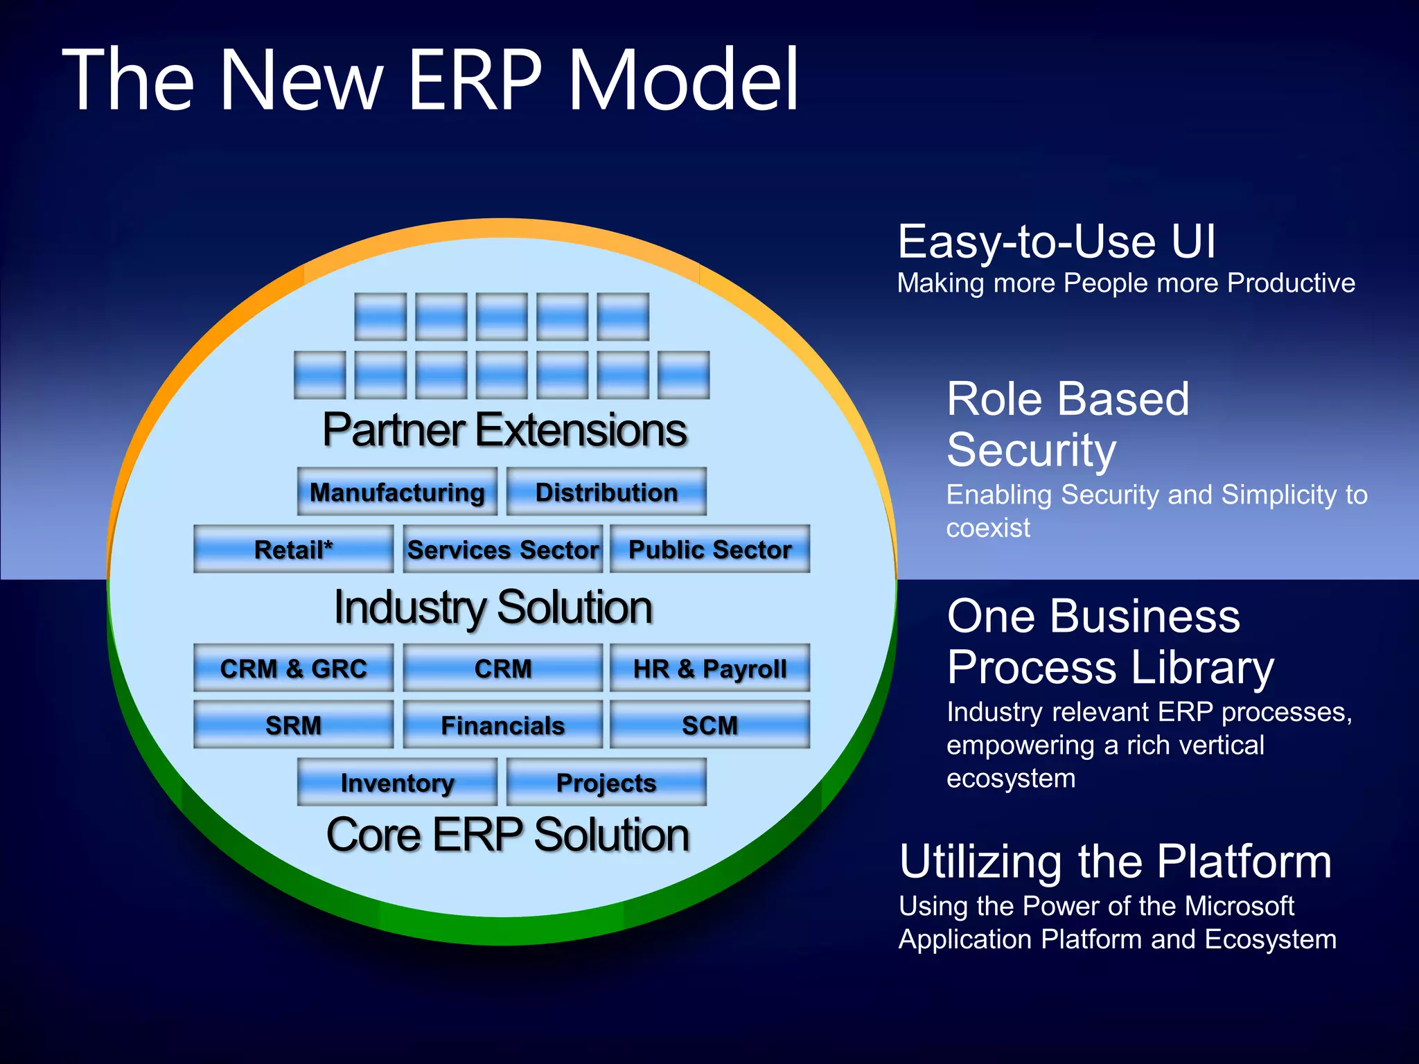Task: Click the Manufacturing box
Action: coord(397,492)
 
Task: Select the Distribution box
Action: coord(606,492)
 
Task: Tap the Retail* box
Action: coord(293,549)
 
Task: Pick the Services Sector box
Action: coord(503,549)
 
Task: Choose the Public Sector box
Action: coord(709,549)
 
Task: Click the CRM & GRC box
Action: coord(293,668)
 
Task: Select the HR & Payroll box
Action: coord(709,668)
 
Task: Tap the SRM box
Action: coord(293,725)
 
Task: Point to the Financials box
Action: coord(503,725)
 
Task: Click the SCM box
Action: coord(709,725)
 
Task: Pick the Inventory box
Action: coord(397,783)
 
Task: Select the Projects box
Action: coord(606,783)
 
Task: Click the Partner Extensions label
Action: coord(504,430)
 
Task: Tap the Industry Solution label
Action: coord(493,608)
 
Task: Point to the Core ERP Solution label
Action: coord(508,835)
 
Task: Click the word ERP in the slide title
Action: coord(475,80)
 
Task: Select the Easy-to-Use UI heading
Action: coord(1057,242)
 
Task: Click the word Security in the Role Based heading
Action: coord(1031,450)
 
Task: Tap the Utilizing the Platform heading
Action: coord(1116,862)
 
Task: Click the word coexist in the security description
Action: coord(988,529)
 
